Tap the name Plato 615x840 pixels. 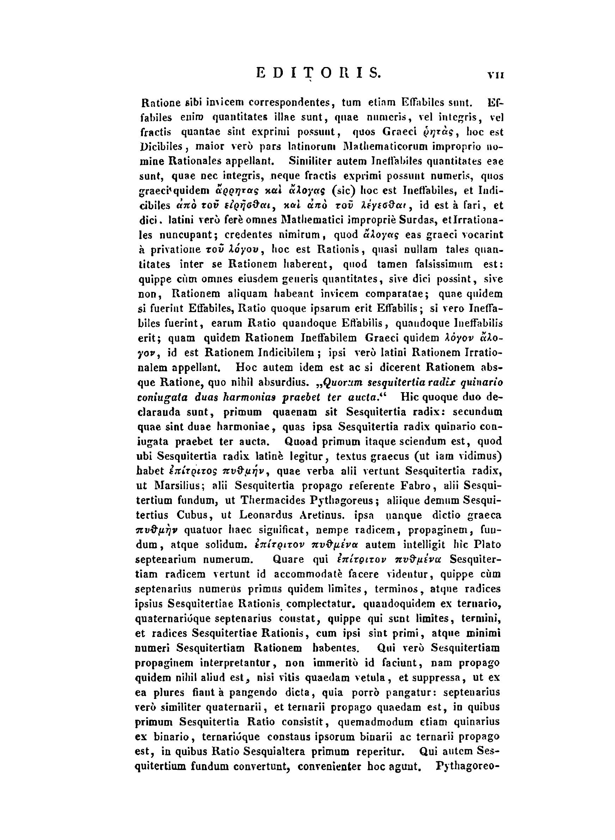tap(488, 544)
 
